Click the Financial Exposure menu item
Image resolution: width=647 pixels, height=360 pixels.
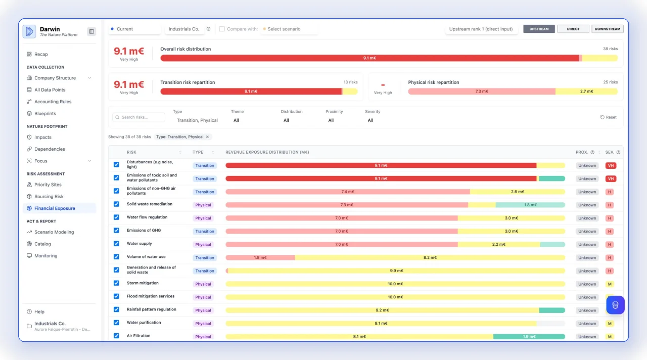55,208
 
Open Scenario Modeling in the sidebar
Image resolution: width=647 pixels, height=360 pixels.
54,232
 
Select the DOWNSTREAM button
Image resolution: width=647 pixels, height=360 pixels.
607,29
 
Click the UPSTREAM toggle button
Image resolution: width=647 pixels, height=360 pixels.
539,29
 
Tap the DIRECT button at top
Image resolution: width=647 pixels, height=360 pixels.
573,29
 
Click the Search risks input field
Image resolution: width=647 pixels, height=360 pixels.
139,117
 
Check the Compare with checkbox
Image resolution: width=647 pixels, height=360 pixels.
222,29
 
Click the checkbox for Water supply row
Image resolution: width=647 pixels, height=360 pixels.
116,244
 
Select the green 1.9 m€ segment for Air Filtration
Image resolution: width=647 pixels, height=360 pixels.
529,337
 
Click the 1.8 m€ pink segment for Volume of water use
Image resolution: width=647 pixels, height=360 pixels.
260,257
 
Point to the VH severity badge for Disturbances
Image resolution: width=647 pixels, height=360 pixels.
611,165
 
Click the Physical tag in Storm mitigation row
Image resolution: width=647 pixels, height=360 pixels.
203,284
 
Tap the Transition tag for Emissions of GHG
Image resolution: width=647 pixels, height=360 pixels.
205,231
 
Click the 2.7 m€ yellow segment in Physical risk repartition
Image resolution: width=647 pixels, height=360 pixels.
586,92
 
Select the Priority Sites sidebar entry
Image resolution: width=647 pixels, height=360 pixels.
48,185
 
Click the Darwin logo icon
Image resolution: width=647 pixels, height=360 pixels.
29,31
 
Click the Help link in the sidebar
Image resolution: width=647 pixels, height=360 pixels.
39,311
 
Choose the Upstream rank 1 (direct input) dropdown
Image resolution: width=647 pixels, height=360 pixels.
481,29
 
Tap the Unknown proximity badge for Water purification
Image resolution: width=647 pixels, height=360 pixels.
587,324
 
